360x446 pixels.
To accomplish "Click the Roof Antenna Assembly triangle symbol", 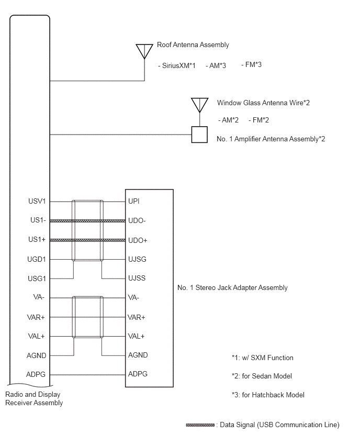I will (144, 51).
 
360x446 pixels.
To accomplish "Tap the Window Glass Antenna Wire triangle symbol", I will (199, 105).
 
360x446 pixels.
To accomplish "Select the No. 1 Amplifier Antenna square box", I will (199, 135).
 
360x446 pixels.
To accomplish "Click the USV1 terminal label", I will (38, 202).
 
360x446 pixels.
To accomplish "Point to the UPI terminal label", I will (134, 202).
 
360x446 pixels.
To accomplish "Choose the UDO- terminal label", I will (137, 221).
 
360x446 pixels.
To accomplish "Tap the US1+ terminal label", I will (38, 240).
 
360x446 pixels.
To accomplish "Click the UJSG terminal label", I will (137, 259).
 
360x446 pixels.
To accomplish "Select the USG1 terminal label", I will (38, 278).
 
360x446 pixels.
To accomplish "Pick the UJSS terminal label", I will (137, 278).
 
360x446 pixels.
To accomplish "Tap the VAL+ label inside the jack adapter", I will (137, 336).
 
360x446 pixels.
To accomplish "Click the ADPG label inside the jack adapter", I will (138, 374).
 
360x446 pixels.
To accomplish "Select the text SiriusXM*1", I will (176, 65).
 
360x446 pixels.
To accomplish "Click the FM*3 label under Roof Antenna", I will (251, 65).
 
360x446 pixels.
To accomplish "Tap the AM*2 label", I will (228, 120).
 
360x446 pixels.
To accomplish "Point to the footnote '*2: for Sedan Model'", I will (262, 376).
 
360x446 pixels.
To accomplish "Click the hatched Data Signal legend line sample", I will (200, 425).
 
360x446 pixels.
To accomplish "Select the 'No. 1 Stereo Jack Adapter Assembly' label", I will (233, 288).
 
